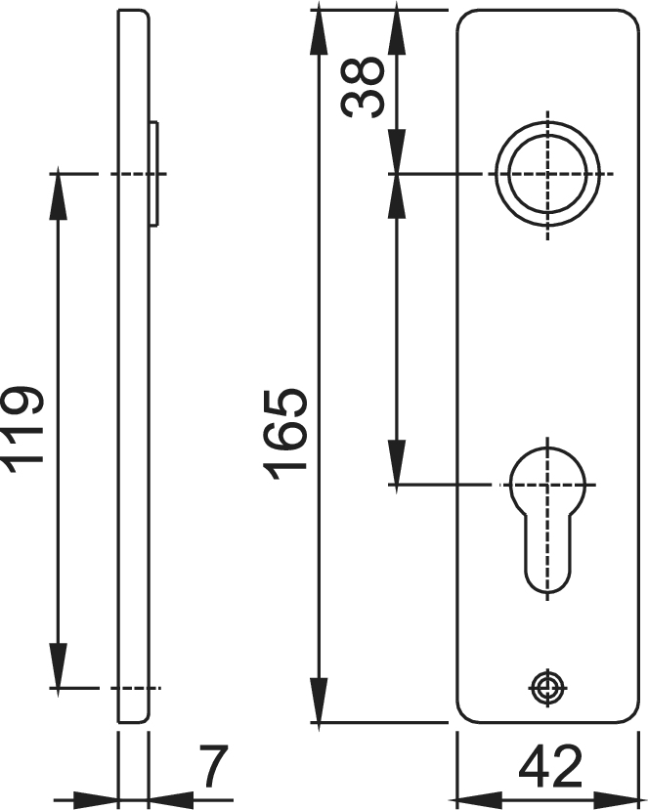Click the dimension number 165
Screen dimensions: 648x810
click(285, 434)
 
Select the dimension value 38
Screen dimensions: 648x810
click(363, 87)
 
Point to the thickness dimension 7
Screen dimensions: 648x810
click(213, 766)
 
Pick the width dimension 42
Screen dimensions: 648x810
click(550, 766)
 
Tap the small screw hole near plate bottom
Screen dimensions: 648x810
click(548, 688)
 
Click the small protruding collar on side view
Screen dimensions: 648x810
click(154, 174)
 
